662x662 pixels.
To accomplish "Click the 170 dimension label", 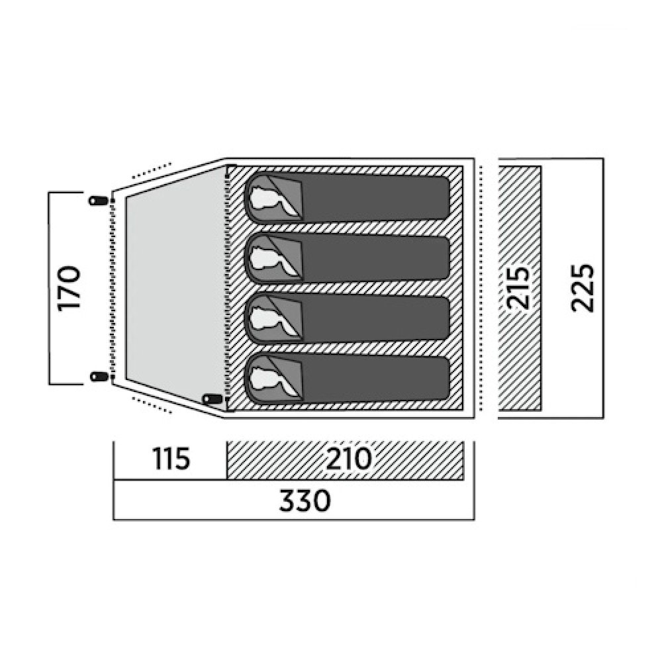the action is click(x=69, y=289).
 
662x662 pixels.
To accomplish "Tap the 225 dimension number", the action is click(x=583, y=289).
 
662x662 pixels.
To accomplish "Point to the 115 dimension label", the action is click(x=171, y=459).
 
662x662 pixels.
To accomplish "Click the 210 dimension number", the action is click(x=349, y=459).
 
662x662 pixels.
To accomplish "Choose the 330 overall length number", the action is click(x=305, y=500).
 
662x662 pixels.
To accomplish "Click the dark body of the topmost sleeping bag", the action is click(x=376, y=199).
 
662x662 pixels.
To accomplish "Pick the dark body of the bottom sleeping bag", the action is click(x=376, y=379).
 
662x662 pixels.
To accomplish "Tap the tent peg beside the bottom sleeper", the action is click(x=212, y=399).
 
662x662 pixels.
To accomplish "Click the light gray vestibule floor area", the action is click(x=175, y=289).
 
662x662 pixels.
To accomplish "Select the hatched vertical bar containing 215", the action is click(x=520, y=289).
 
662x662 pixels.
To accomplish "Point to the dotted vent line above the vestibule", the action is click(x=152, y=169).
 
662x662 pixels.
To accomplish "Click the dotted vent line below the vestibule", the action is click(x=152, y=405).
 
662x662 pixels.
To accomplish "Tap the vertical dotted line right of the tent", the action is click(x=482, y=289).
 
